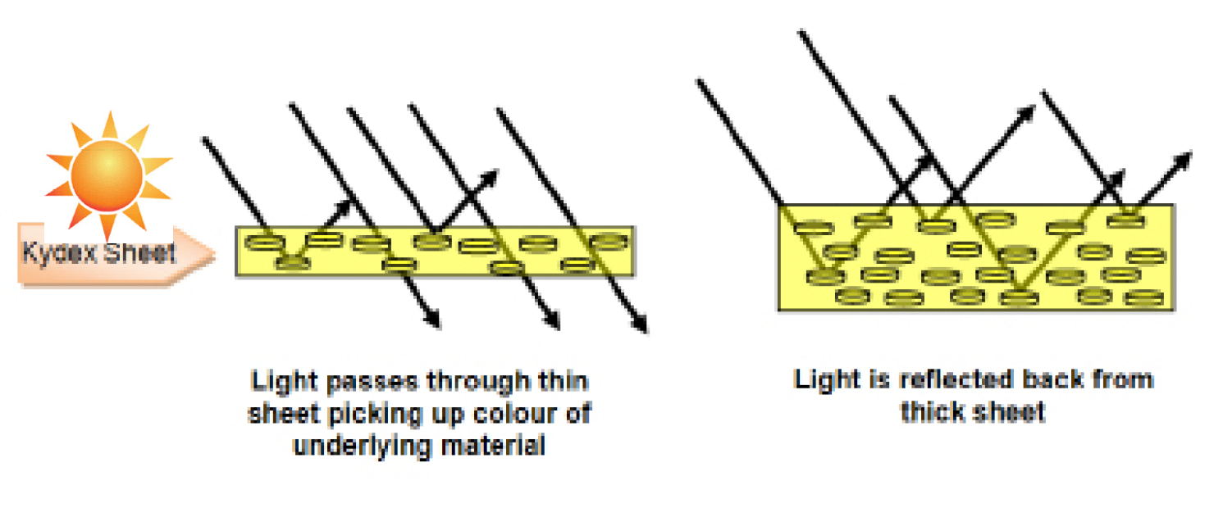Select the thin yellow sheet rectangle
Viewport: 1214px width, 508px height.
(434, 251)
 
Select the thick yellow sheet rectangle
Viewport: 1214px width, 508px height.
(975, 257)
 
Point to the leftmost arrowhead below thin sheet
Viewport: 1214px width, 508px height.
(434, 321)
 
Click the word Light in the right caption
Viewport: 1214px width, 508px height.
(824, 379)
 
